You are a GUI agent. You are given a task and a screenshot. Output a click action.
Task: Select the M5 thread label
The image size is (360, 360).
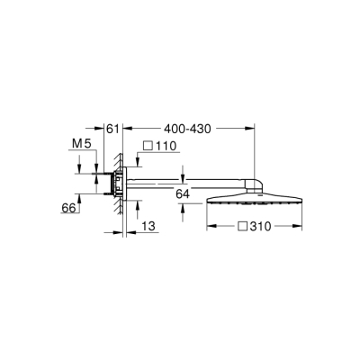point(82,143)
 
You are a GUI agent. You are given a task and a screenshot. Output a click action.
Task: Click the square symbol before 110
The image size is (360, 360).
point(146,146)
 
